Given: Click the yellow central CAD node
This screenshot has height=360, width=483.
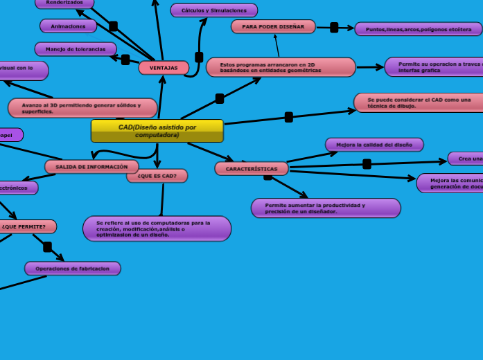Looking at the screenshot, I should pyautogui.click(x=157, y=131).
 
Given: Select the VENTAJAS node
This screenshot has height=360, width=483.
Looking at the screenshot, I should pyautogui.click(x=164, y=68).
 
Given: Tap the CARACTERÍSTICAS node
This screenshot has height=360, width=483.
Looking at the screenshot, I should pyautogui.click(x=251, y=169).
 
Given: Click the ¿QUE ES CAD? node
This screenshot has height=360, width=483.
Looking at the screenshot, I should pyautogui.click(x=157, y=176).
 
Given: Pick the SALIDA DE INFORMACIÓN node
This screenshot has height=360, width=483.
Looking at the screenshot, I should pyautogui.click(x=91, y=167).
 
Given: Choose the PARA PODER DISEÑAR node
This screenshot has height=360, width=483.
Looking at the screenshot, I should pyautogui.click(x=273, y=26).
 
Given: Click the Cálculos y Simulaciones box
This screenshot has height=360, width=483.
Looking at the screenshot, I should pyautogui.click(x=213, y=10).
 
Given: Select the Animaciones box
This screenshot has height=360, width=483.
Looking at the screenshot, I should pyautogui.click(x=68, y=26).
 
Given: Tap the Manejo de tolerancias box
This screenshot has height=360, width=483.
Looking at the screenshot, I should pyautogui.click(x=76, y=49).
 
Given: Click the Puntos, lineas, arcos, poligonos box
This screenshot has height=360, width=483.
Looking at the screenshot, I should pyautogui.click(x=418, y=29).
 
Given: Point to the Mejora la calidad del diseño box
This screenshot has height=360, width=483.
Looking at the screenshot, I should pyautogui.click(x=374, y=145).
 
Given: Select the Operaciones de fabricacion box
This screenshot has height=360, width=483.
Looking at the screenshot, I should pyautogui.click(x=72, y=269).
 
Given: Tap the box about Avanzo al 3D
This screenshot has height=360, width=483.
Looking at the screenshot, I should pyautogui.click(x=82, y=108).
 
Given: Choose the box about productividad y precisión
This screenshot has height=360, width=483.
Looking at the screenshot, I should pyautogui.click(x=326, y=208).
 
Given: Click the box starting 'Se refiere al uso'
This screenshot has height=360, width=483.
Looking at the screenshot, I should pyautogui.click(x=157, y=228).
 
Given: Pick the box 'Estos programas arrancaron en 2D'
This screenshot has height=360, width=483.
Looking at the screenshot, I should pyautogui.click(x=281, y=67).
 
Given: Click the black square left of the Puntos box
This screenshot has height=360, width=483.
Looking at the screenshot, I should pyautogui.click(x=334, y=28).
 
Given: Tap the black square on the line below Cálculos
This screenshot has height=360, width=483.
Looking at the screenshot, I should pyautogui.click(x=199, y=57).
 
